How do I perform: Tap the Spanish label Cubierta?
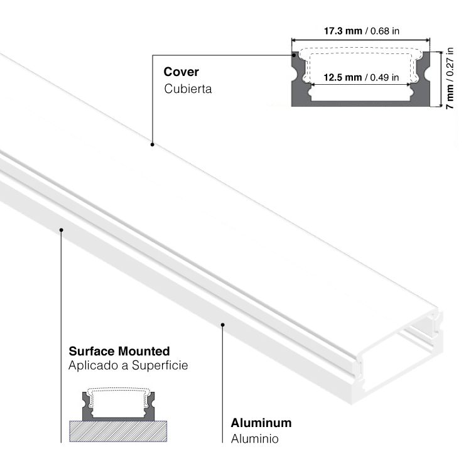point(188,89)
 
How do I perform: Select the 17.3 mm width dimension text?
point(344,30)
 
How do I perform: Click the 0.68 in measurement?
point(384,30)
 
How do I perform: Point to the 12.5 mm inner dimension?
point(342,78)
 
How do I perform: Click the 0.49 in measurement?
point(383,78)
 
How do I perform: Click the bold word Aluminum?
point(261,423)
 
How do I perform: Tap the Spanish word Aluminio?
point(254,438)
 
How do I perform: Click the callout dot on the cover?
point(152,145)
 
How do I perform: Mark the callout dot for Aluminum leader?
point(223,325)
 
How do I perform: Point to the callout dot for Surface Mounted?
point(62,230)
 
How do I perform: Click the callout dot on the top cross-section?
point(295,55)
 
